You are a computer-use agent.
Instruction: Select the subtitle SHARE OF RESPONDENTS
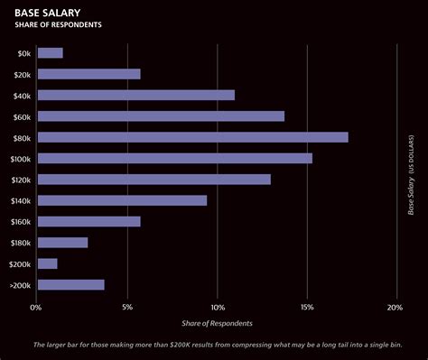point(59,25)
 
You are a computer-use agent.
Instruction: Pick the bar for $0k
point(51,52)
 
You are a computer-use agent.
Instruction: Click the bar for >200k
point(71,285)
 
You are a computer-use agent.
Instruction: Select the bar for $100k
point(175,158)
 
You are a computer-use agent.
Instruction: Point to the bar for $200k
point(48,263)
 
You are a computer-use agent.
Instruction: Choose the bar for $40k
point(136,95)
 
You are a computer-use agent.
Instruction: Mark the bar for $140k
point(123,200)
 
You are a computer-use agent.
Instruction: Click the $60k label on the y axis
point(23,116)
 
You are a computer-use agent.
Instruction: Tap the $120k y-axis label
point(21,180)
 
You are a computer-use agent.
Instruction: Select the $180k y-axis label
point(21,243)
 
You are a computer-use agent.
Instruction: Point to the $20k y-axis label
point(23,74)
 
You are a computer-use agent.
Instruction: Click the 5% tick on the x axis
point(127,308)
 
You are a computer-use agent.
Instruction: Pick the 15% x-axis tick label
point(307,308)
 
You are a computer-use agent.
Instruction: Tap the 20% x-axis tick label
point(395,308)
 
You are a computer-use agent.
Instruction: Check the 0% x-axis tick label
point(36,308)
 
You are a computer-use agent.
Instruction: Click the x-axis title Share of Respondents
point(217,323)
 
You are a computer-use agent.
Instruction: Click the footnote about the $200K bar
point(218,346)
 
